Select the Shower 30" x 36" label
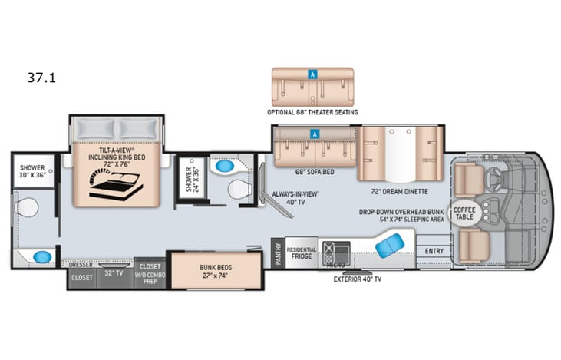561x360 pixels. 31,172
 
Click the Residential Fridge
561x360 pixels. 301,254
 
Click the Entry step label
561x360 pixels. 434,251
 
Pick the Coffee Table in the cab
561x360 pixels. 464,210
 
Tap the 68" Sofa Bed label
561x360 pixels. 313,173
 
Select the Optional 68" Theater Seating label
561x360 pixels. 312,113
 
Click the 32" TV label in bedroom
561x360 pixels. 114,273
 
